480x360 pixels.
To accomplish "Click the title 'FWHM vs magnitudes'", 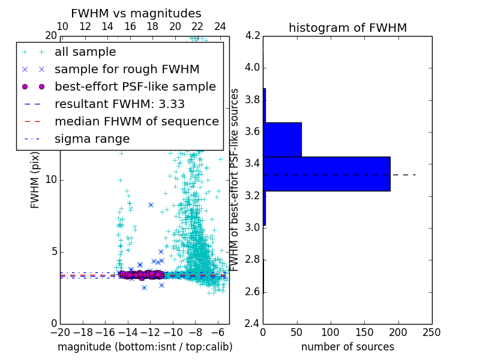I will [136, 13].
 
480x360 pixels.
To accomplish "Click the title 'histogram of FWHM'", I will [347, 28].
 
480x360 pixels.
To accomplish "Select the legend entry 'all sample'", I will [85, 52].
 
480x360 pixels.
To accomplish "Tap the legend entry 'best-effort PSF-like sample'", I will [135, 86].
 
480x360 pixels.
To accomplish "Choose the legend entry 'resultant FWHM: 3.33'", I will [119, 104].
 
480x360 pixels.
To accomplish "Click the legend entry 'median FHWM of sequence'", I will [136, 121].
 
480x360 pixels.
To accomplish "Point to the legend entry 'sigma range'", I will [92, 139].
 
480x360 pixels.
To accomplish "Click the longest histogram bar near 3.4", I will [326, 174].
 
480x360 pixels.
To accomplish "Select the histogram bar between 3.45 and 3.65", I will [282, 139].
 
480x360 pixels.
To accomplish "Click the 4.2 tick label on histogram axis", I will [253, 35].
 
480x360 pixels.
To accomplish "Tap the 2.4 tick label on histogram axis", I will [253, 324].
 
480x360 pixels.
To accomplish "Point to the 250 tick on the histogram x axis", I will [432, 332].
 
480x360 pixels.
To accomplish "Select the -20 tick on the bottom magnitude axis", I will [60, 332].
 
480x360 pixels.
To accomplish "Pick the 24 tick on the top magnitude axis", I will [220, 26].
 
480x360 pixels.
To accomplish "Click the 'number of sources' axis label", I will [347, 347].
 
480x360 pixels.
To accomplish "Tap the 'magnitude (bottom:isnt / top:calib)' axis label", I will [145, 347].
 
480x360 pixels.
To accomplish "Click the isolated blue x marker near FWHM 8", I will [151, 205].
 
